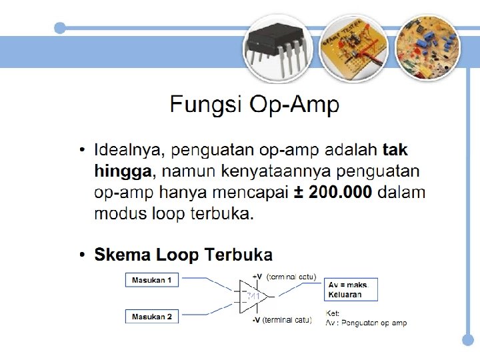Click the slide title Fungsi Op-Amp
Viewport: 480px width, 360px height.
(254, 105)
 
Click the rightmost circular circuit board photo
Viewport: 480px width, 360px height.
(427, 46)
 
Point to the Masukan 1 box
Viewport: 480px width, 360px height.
(152, 281)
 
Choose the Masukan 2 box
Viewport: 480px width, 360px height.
(152, 317)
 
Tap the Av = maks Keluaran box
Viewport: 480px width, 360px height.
(351, 289)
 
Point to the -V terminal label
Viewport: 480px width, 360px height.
(257, 321)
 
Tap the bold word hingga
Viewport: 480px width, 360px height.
(123, 171)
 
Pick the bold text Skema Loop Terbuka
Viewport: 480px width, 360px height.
(183, 255)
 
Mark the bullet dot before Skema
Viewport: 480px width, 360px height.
(81, 255)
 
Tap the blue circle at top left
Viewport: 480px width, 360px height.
(60, 28)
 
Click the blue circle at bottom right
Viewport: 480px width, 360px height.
(468, 339)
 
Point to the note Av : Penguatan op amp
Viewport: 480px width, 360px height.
(366, 323)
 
